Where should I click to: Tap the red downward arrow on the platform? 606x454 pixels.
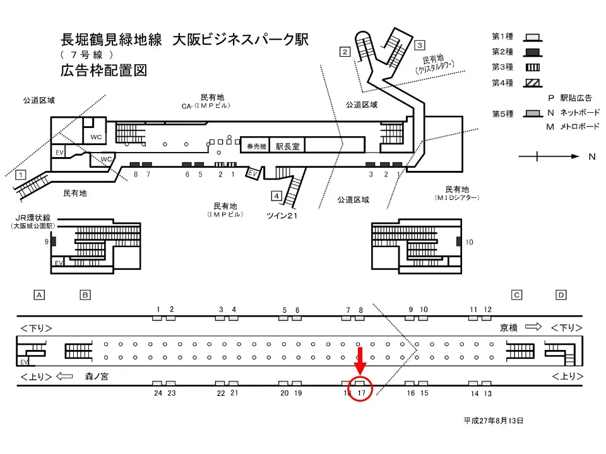(x=360, y=360)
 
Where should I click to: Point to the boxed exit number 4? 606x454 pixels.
(x=276, y=195)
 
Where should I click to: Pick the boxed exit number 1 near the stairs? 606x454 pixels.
(x=21, y=174)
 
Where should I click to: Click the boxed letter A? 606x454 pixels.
(x=39, y=294)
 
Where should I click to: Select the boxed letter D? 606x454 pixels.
(x=561, y=294)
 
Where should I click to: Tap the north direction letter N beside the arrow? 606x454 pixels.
(x=591, y=156)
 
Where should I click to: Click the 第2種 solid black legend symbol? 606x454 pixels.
(x=532, y=52)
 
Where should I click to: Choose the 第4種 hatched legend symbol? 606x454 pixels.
(x=532, y=82)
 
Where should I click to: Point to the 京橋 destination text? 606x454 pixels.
(x=509, y=327)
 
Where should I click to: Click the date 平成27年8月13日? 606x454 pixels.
(x=493, y=420)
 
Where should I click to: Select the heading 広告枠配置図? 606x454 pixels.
(x=104, y=70)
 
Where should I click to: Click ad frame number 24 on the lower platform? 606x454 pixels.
(x=158, y=393)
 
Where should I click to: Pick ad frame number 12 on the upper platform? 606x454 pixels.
(x=487, y=309)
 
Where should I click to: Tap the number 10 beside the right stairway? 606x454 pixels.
(x=469, y=242)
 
